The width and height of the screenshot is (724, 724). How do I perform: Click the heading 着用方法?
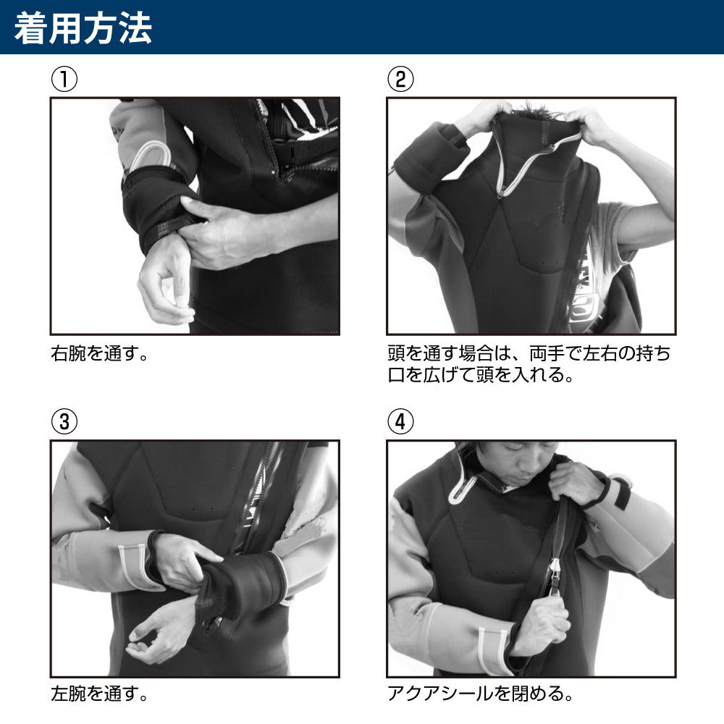pyautogui.click(x=83, y=28)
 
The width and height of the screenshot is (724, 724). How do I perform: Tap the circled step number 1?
pyautogui.click(x=64, y=79)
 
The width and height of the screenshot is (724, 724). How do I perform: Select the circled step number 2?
pyautogui.click(x=400, y=79)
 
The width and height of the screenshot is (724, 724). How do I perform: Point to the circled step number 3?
pyautogui.click(x=64, y=421)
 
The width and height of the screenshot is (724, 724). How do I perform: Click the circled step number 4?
pyautogui.click(x=400, y=421)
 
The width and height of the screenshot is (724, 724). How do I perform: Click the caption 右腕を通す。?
pyautogui.click(x=100, y=354)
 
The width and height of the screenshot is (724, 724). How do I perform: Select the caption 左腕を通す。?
pyautogui.click(x=100, y=694)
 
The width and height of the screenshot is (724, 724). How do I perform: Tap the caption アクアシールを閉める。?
pyautogui.click(x=480, y=694)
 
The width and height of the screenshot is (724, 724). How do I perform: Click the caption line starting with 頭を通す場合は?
pyautogui.click(x=529, y=354)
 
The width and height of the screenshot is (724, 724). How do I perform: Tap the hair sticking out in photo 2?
pyautogui.click(x=538, y=111)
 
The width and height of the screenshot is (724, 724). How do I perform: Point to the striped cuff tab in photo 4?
pyautogui.click(x=492, y=651)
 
